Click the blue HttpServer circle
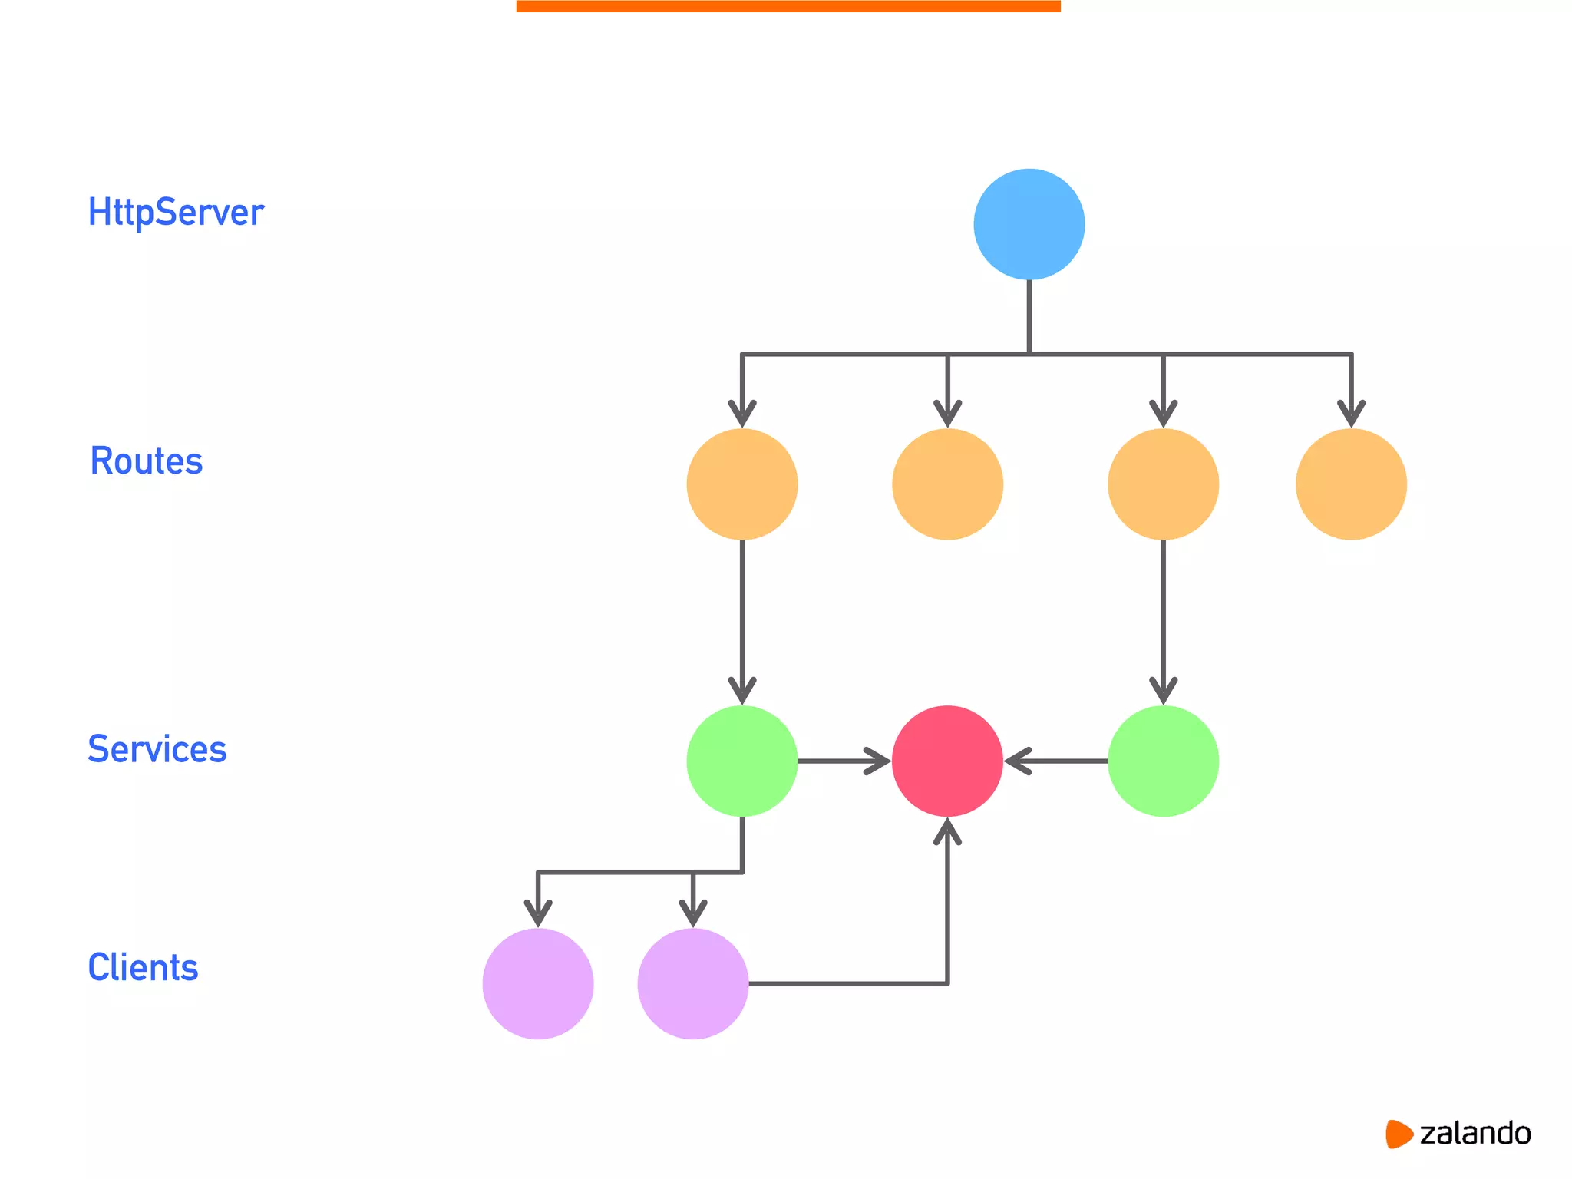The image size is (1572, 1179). (x=1029, y=224)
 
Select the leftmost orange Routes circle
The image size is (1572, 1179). (x=741, y=484)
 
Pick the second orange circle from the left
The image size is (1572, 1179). (x=947, y=484)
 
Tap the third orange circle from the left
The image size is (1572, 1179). (x=1163, y=484)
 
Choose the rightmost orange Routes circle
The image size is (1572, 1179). (x=1351, y=484)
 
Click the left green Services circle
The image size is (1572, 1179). (x=741, y=761)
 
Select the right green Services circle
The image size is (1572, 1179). (x=1163, y=761)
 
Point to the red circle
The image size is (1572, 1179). (x=947, y=761)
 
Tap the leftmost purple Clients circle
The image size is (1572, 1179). (x=538, y=983)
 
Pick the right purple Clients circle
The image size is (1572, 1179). (x=692, y=983)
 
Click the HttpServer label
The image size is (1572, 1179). (x=176, y=213)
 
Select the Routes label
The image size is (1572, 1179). (x=146, y=461)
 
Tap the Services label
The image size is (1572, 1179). (x=157, y=749)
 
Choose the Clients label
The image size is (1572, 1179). (x=143, y=967)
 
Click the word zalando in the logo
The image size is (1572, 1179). (x=1475, y=1134)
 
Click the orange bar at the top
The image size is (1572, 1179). (x=788, y=6)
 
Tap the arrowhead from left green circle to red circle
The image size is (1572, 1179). (x=878, y=761)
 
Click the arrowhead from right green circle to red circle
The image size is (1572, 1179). (x=1017, y=761)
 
